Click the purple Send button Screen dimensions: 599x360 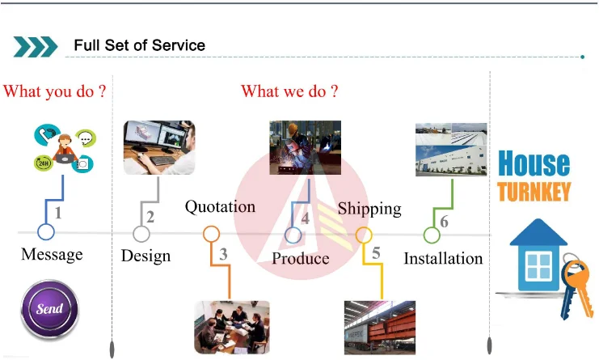49,309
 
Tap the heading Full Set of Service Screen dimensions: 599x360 140,45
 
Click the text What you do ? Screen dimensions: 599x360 55,91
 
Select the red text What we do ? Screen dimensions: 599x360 289,91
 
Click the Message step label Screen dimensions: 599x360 52,254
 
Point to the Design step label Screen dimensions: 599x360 146,256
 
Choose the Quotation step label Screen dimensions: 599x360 220,206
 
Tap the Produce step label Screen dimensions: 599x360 301,258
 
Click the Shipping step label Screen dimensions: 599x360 369,209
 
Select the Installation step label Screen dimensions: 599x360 443,258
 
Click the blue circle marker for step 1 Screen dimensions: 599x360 46,233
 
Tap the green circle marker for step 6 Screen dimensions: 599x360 432,235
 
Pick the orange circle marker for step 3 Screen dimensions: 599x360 212,235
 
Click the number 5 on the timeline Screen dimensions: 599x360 376,253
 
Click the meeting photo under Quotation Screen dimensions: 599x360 232,327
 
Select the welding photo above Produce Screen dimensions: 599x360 305,148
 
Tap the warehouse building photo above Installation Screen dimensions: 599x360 451,150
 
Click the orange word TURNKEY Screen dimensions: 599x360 534,192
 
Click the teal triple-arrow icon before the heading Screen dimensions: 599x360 36,46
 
